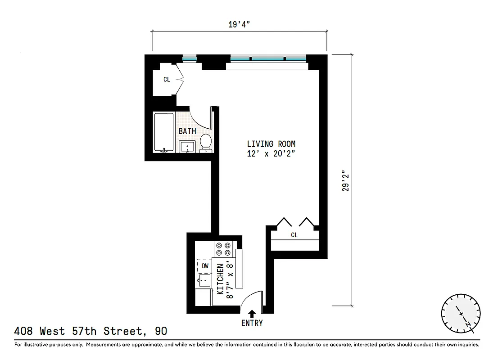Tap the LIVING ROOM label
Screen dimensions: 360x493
(x=271, y=144)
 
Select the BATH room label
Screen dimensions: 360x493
(x=187, y=131)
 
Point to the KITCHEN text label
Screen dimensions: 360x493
(x=221, y=279)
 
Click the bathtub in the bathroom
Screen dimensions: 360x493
(x=163, y=132)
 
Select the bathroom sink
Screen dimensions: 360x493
(x=187, y=146)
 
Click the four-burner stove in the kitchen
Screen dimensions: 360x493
(x=223, y=249)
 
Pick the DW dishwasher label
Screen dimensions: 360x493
(x=205, y=266)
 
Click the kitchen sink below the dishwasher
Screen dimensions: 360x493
(x=204, y=282)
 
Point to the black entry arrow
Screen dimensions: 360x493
(x=251, y=313)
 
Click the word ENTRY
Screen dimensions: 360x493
(x=252, y=323)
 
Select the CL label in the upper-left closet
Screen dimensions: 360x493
(x=167, y=80)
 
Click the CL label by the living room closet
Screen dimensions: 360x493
(x=294, y=235)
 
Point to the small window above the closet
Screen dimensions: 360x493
(x=190, y=58)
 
